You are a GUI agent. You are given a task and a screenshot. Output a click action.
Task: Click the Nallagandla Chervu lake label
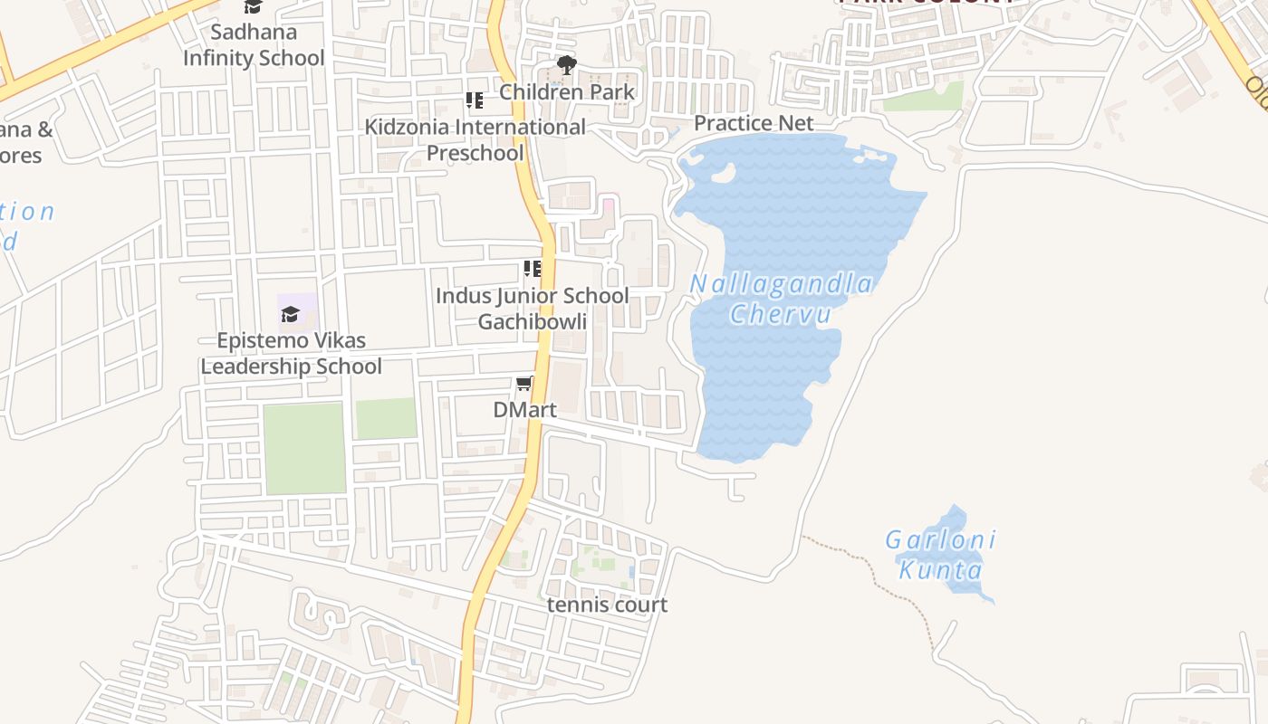click(x=781, y=299)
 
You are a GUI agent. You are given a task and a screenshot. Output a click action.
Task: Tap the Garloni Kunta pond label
click(x=940, y=555)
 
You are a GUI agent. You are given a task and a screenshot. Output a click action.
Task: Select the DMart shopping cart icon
click(x=524, y=385)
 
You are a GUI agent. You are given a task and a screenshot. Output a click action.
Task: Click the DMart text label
click(x=524, y=409)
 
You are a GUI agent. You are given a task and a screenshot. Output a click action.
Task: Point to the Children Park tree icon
click(x=567, y=65)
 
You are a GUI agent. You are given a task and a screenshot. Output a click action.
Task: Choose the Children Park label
click(x=567, y=91)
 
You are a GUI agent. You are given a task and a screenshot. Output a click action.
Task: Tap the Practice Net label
click(x=754, y=123)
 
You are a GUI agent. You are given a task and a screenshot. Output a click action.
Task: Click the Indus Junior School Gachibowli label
click(x=532, y=309)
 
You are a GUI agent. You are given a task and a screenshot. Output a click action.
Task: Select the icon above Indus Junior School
click(x=532, y=269)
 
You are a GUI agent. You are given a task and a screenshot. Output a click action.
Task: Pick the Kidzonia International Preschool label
click(x=475, y=139)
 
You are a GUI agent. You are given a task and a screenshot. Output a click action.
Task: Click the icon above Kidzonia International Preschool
click(x=475, y=100)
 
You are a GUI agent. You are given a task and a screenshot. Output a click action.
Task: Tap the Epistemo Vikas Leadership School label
click(x=291, y=353)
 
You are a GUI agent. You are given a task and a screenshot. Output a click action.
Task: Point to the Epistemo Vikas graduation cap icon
click(x=290, y=314)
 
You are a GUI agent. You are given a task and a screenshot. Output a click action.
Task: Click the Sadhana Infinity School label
click(x=254, y=45)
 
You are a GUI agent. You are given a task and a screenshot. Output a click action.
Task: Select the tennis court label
click(x=607, y=605)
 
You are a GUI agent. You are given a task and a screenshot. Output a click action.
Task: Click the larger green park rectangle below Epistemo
click(x=304, y=448)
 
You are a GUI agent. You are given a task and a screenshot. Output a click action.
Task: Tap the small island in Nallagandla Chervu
click(x=723, y=173)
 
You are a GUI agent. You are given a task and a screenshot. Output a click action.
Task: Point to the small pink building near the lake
click(x=609, y=206)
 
